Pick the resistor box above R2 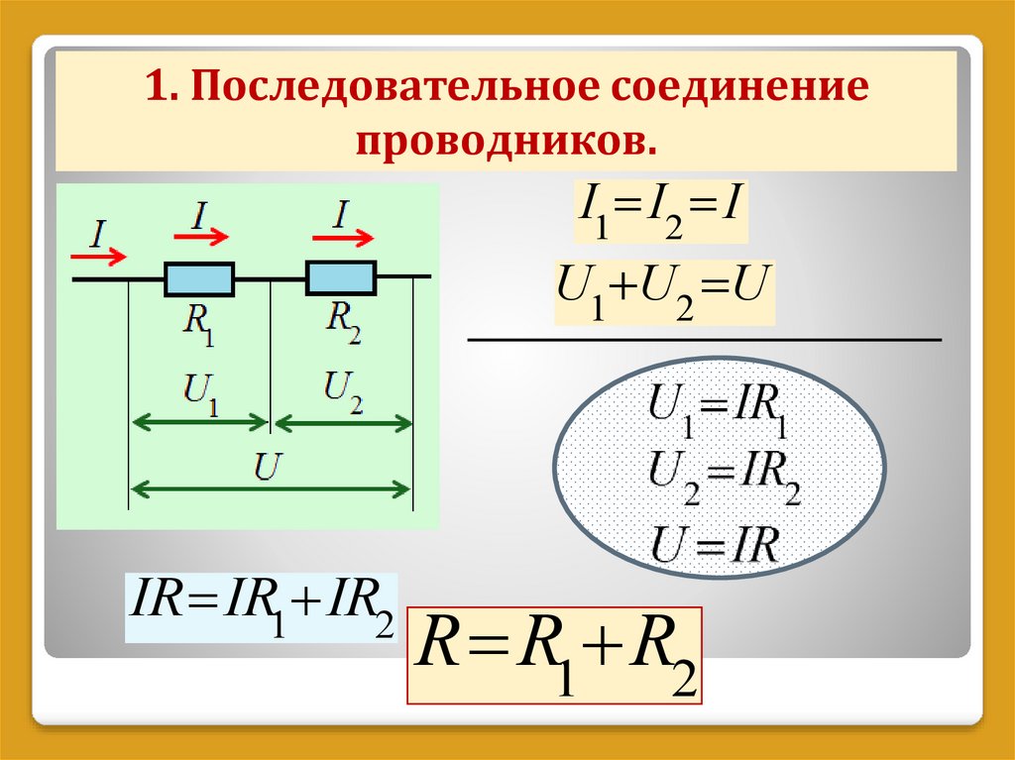click(x=341, y=277)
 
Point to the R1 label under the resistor click(x=200, y=324)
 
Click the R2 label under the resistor click(x=344, y=323)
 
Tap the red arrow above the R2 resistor click(x=343, y=237)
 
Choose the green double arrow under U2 click(x=343, y=423)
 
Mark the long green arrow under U click(x=271, y=488)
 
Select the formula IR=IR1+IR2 click(x=261, y=607)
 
